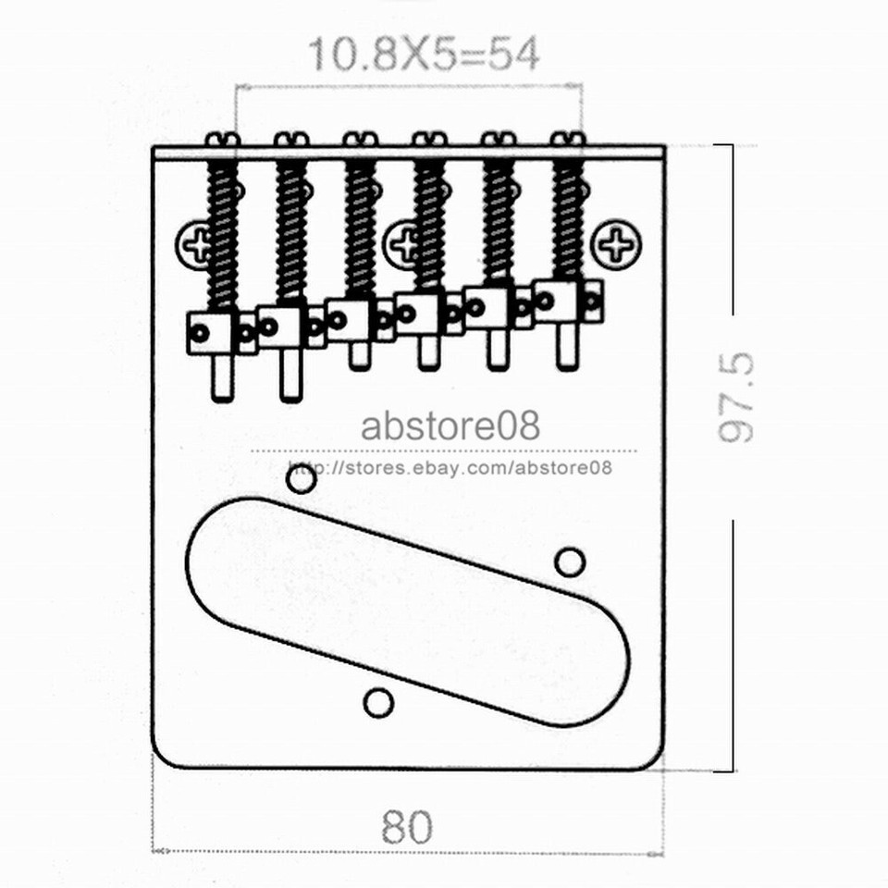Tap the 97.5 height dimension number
737,397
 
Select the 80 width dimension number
406,827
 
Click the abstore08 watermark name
450,426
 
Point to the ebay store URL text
450,467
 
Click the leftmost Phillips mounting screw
196,244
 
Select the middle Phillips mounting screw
403,243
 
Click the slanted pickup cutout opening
407,610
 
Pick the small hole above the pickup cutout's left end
301,479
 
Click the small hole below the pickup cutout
378,703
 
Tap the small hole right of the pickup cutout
570,561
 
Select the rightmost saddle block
558,301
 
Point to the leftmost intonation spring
223,236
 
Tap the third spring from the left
360,227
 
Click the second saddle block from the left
280,327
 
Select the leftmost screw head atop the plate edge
222,140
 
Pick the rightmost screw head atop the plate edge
567,140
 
